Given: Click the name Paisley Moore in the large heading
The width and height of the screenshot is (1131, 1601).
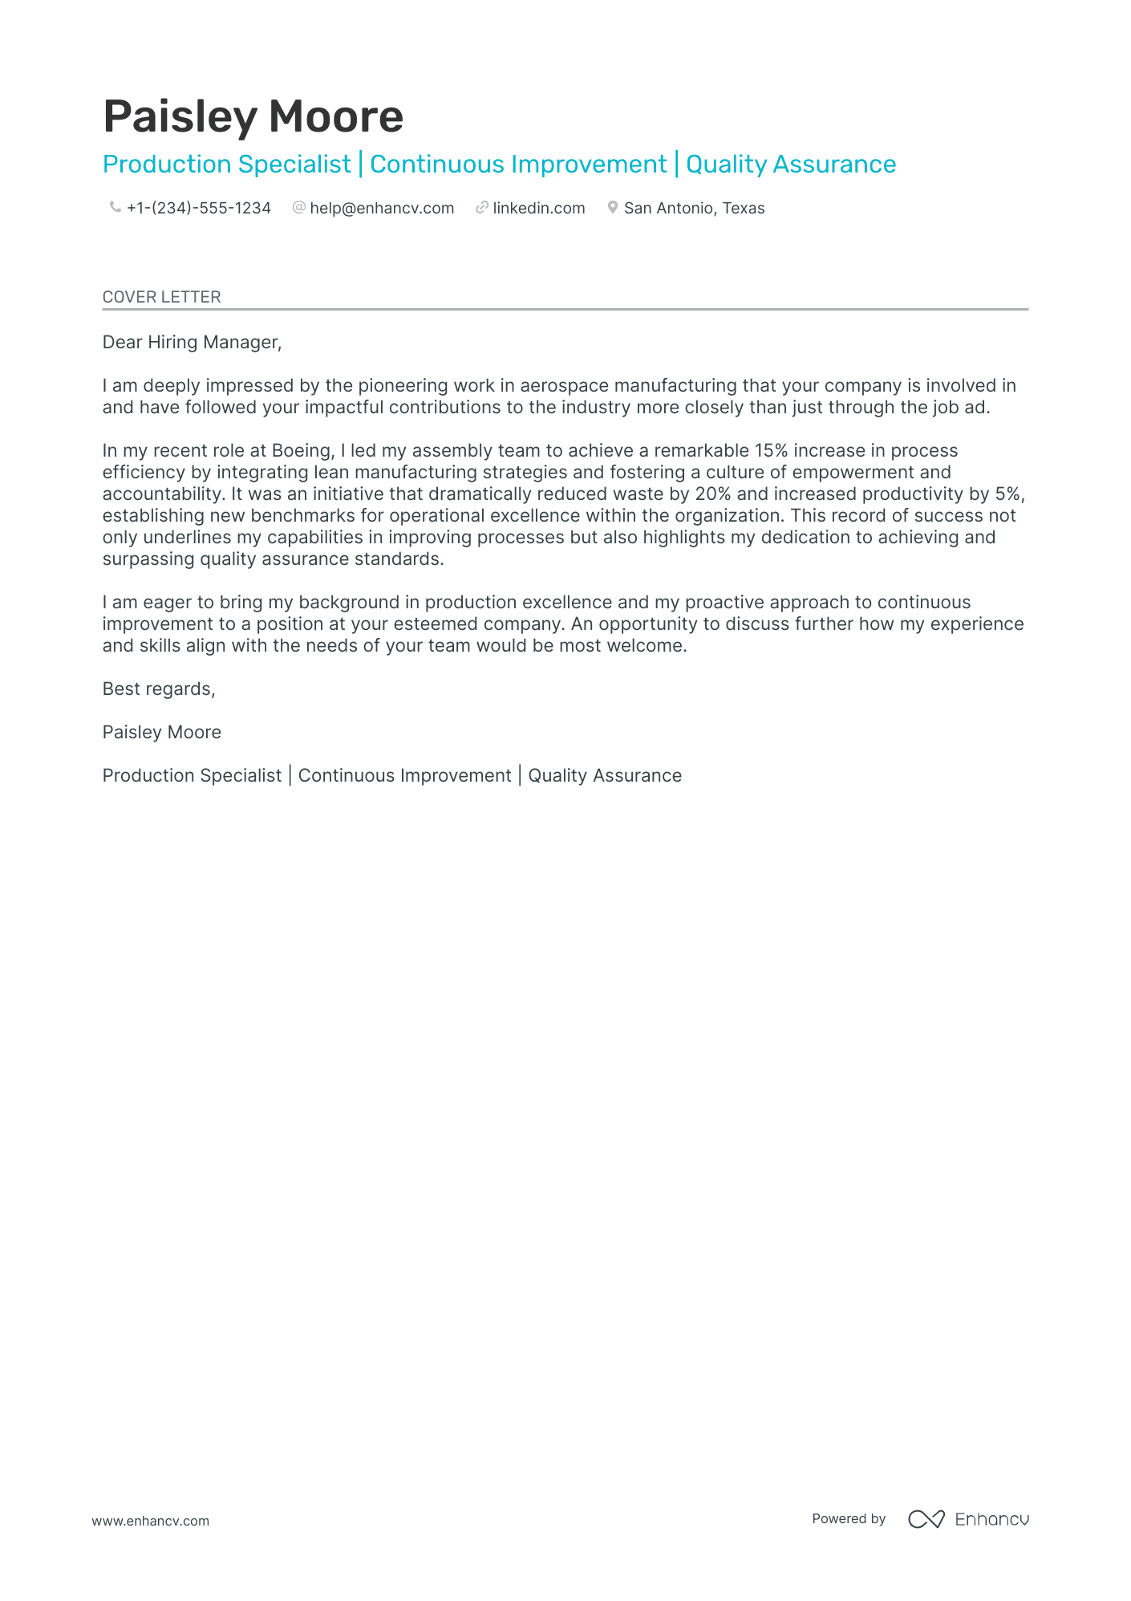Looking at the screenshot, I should coord(253,116).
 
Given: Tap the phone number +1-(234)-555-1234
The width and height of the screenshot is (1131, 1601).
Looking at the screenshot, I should coord(198,209).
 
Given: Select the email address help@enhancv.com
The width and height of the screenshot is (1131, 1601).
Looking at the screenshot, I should coord(382,209).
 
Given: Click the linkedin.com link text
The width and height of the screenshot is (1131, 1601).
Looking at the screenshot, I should coord(538,209).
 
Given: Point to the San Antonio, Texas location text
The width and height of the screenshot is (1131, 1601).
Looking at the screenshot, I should coord(694,209).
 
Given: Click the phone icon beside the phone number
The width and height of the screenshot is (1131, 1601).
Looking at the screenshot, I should coord(115,208).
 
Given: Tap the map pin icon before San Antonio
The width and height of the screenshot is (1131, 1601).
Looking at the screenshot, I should coord(612,208).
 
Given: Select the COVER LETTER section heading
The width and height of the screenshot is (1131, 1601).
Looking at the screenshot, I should coord(161,297).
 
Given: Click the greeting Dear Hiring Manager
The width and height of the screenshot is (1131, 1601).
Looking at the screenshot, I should coord(192,343).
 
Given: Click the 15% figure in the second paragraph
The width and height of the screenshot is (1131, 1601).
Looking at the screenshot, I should coord(771,451).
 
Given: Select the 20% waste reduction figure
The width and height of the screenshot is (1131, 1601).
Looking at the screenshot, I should coord(713,494).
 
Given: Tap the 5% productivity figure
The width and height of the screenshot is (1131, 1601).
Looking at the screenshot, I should coord(1008,494).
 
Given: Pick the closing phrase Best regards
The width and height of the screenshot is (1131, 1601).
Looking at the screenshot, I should coord(159,689).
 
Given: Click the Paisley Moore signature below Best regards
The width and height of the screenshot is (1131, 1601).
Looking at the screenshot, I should coord(161,733).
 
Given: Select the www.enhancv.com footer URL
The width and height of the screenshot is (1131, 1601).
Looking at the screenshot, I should coord(150,1521).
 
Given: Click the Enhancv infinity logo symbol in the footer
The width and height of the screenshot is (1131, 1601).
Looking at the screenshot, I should coord(926,1519).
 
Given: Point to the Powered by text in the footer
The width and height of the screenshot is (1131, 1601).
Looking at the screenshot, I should coord(849,1519).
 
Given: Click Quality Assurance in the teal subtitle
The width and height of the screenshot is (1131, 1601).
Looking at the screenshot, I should coord(790,165).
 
